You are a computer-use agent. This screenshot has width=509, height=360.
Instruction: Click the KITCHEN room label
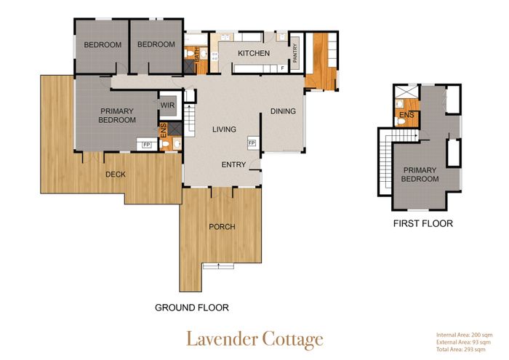[x=254, y=53]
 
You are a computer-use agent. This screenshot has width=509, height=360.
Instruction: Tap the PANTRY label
[x=295, y=53]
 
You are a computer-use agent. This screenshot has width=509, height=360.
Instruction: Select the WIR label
[x=167, y=105]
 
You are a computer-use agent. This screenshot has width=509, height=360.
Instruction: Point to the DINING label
[x=283, y=111]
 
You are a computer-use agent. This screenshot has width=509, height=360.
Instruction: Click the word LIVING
[x=224, y=129]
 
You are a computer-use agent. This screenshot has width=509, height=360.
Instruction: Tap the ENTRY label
[x=233, y=164]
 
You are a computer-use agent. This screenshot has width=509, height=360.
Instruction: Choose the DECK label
[x=116, y=175]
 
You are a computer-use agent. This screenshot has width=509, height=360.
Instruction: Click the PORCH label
[x=222, y=227]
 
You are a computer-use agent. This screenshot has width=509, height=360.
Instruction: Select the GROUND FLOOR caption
[x=191, y=308]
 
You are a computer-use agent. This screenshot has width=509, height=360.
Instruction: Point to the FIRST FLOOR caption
[x=423, y=223]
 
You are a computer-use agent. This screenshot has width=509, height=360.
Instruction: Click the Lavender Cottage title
[x=254, y=340]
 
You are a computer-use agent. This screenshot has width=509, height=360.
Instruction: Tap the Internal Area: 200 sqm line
[x=464, y=335]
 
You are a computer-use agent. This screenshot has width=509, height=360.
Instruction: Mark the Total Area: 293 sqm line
[x=461, y=349]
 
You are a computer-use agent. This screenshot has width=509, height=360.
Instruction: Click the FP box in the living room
[x=252, y=143]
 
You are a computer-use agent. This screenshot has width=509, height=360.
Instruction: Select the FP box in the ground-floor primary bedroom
[x=147, y=145]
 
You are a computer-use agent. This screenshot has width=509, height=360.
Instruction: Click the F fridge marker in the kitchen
[x=282, y=68]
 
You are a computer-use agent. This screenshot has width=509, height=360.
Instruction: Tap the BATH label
[x=197, y=55]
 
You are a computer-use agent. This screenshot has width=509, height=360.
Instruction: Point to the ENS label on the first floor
[x=406, y=115]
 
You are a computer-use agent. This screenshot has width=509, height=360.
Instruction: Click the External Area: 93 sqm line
[x=464, y=342]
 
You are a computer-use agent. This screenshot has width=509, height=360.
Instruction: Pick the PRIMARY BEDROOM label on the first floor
[x=420, y=175]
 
